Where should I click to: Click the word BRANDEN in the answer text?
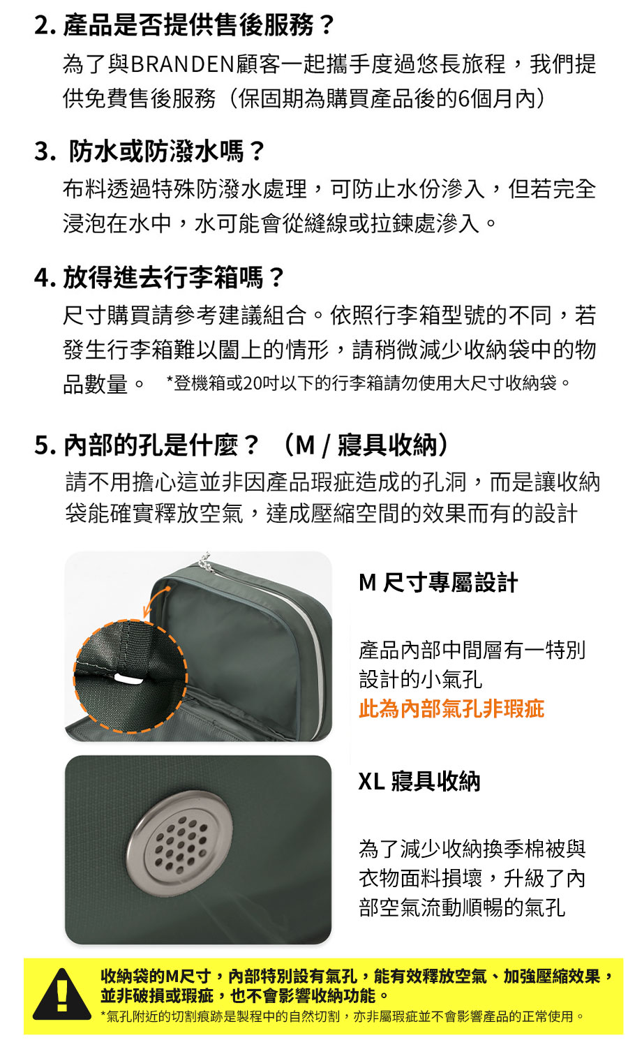click(x=182, y=64)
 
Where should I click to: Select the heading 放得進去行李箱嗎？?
click(x=174, y=277)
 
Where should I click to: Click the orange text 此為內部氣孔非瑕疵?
click(x=452, y=708)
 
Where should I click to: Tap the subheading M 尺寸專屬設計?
click(x=438, y=582)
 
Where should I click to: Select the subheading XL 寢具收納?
click(x=419, y=781)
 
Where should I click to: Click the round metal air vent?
click(x=180, y=845)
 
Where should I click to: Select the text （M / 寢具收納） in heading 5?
click(x=366, y=445)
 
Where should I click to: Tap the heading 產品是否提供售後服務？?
click(x=199, y=25)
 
